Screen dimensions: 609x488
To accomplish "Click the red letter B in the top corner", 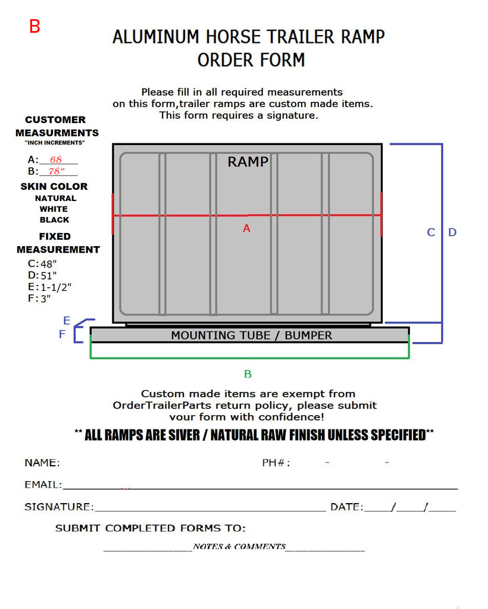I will (x=35, y=26).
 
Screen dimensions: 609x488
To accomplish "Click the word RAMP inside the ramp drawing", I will (x=248, y=162).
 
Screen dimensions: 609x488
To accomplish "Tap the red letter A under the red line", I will (x=246, y=228).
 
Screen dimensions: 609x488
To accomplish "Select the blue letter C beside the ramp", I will (x=431, y=233).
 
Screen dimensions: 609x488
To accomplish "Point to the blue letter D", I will (x=452, y=233).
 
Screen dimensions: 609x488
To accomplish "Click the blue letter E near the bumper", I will (x=67, y=321).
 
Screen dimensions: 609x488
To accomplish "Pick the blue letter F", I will (x=62, y=334).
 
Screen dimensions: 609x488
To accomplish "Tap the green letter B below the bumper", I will (x=248, y=374).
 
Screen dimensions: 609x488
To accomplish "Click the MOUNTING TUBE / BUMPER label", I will (x=251, y=335).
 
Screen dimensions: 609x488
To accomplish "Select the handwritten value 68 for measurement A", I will (x=56, y=159).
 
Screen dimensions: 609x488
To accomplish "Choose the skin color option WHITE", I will (x=54, y=209).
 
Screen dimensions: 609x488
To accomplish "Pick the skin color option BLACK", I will (x=54, y=219).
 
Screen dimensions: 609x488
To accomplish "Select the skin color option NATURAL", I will (x=55, y=198).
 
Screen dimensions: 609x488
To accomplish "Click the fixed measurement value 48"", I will (x=49, y=264).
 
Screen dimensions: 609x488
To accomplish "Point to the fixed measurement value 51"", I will (x=49, y=275).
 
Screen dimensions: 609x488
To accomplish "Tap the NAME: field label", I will (x=42, y=463).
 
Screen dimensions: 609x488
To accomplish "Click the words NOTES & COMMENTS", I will (x=239, y=547).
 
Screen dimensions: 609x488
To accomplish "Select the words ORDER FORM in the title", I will (x=251, y=60).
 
